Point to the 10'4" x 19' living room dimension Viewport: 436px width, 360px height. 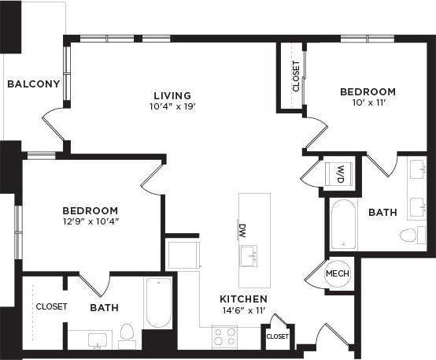click(172, 106)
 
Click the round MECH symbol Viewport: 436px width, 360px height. click(338, 273)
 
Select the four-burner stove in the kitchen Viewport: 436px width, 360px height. click(224, 336)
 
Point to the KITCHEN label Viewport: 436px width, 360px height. click(243, 299)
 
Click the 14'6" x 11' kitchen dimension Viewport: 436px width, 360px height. click(243, 310)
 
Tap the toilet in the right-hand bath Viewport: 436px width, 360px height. click(408, 235)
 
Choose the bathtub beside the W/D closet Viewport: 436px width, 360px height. click(343, 224)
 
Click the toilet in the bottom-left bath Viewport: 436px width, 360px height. click(127, 333)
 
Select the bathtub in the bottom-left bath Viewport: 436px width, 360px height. click(158, 302)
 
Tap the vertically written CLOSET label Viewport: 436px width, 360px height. click(296, 76)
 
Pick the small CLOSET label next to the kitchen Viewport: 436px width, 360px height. click(277, 336)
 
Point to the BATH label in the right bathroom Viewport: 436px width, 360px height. click(382, 213)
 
